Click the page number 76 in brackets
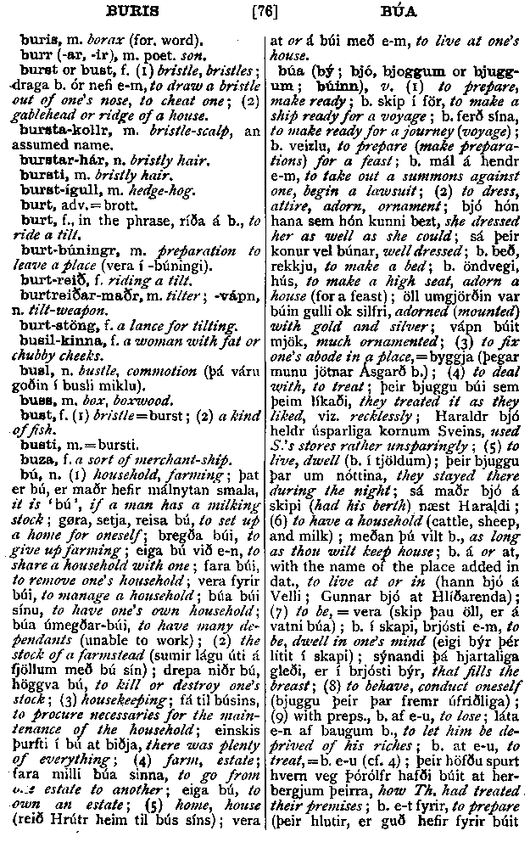265,13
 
